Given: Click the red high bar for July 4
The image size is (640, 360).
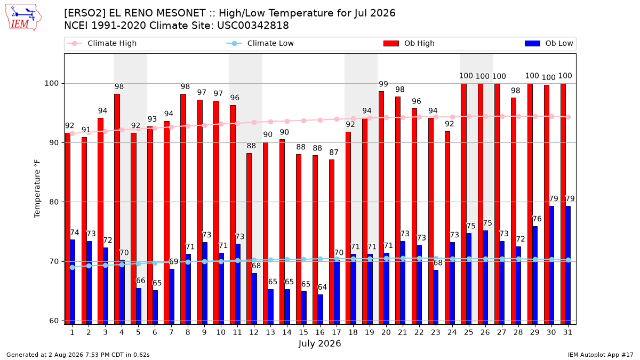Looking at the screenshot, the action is (x=117, y=209).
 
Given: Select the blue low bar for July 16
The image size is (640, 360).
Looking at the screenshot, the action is (x=321, y=309).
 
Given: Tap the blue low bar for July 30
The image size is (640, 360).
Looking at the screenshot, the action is (x=551, y=265).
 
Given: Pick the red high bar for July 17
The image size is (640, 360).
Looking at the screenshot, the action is (x=332, y=242).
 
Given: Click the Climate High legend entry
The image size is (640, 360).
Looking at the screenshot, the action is (x=102, y=43).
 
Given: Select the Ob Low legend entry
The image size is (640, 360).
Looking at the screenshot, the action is (x=549, y=43).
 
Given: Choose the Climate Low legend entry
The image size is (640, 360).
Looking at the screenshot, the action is (x=260, y=43).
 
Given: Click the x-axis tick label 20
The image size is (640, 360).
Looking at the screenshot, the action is (x=386, y=332).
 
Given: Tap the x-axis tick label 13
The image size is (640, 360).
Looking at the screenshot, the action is (x=270, y=332).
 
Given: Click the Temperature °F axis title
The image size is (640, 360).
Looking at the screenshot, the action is (x=37, y=189).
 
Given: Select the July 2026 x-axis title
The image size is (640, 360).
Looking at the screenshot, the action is (x=319, y=343).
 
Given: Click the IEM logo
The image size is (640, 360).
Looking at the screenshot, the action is (x=23, y=18).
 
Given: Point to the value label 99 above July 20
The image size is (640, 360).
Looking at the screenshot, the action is (x=383, y=84).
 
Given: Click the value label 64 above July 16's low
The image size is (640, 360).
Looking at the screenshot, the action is (x=322, y=287).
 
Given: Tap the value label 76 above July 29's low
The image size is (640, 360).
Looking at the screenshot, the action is (x=537, y=219).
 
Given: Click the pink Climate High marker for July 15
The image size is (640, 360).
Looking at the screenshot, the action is (x=303, y=121).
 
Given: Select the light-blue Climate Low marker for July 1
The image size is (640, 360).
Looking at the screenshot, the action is (x=73, y=267).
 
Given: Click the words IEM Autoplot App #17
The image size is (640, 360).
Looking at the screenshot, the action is (x=601, y=355).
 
